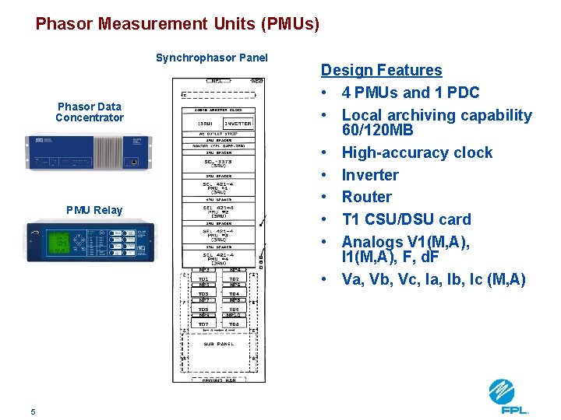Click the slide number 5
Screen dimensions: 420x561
point(33,411)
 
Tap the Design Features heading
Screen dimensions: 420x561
point(381,70)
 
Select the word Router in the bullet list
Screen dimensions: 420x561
point(366,197)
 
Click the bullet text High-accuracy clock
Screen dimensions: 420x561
point(417,152)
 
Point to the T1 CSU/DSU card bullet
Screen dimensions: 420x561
point(406,219)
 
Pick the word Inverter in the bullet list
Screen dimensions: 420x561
point(369,175)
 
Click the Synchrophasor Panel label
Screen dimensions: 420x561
point(211,58)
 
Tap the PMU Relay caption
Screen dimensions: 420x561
point(94,209)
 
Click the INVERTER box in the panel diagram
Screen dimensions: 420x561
point(238,124)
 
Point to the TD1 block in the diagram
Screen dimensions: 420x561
point(203,278)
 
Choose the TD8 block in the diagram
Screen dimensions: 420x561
point(234,324)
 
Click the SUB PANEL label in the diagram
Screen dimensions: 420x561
point(218,342)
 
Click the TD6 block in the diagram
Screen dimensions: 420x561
point(234,309)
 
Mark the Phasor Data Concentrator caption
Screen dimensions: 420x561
point(90,112)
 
